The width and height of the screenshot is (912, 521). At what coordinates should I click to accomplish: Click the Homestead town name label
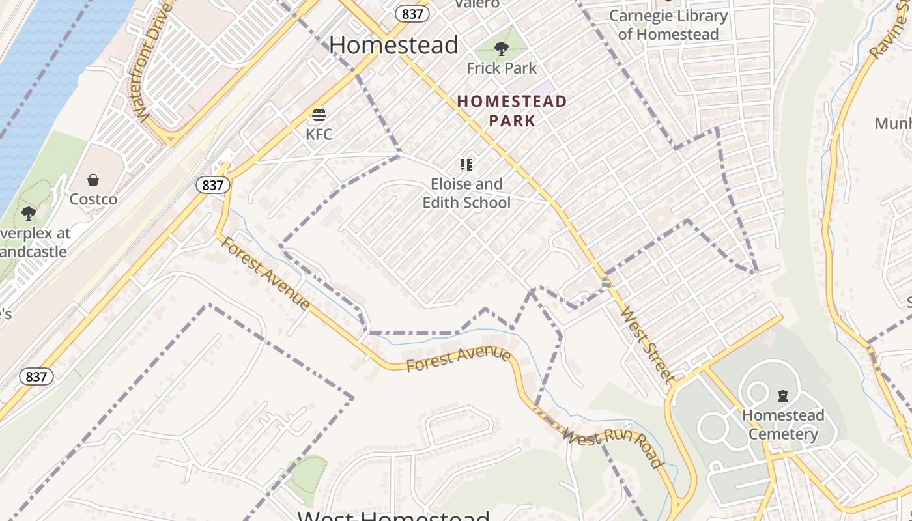(393, 45)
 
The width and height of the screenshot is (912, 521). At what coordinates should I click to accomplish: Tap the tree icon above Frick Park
(501, 48)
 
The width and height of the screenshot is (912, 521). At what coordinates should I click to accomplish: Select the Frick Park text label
(502, 68)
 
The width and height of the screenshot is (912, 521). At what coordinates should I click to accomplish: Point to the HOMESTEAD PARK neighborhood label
(512, 111)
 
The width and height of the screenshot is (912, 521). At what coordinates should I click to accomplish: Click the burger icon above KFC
(319, 116)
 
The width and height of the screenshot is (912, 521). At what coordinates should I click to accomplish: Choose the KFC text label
(319, 134)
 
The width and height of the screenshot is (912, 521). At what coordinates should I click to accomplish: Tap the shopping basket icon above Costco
(93, 180)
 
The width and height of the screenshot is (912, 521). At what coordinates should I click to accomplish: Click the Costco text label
(93, 199)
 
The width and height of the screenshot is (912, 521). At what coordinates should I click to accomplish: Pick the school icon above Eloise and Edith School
(466, 164)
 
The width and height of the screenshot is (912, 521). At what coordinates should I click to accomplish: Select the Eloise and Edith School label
(466, 193)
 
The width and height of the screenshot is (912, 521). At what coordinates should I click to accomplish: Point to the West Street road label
(649, 344)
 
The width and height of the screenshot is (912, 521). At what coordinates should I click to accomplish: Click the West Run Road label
(612, 446)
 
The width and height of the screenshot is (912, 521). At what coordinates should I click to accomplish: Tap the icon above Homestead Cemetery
(782, 395)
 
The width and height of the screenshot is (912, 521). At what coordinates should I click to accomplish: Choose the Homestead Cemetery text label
(783, 425)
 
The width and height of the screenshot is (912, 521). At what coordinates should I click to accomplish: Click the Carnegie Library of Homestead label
(668, 25)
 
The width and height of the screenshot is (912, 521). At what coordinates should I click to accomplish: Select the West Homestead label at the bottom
(393, 515)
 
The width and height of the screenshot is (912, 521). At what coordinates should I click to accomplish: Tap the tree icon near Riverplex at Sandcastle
(28, 213)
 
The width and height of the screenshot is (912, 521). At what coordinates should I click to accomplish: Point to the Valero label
(477, 4)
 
